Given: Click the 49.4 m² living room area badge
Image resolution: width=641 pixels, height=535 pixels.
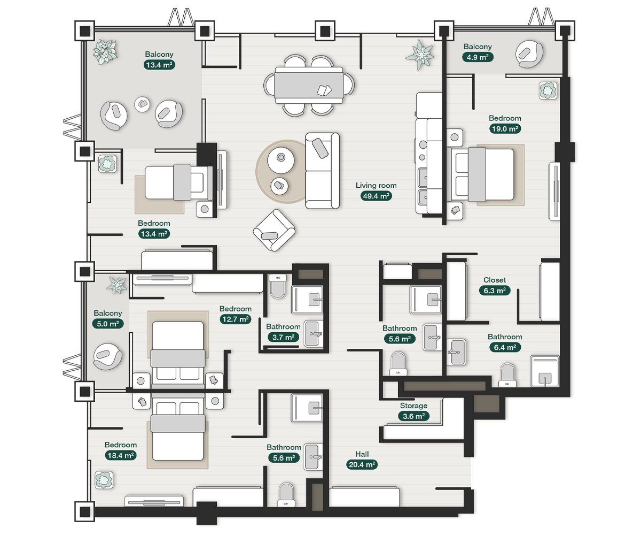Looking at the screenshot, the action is [x=376, y=196].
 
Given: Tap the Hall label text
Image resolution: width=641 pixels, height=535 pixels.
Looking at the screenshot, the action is [x=362, y=454].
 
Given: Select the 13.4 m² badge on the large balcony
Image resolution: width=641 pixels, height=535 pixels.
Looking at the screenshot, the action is [x=159, y=65].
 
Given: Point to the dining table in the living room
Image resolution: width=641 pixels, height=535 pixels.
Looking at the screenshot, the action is [x=309, y=85].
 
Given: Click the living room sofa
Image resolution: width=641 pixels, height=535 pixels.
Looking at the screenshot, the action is [x=322, y=171].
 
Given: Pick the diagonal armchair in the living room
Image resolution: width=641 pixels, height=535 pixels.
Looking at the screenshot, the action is [x=274, y=230].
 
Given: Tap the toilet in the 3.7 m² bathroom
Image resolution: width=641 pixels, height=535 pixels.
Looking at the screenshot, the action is [x=278, y=286].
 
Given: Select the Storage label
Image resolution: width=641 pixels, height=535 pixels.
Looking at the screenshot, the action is [x=413, y=406].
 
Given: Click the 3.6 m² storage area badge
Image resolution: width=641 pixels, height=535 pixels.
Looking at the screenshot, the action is [x=413, y=416].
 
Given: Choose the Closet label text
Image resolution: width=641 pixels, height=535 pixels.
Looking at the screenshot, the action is [x=495, y=280].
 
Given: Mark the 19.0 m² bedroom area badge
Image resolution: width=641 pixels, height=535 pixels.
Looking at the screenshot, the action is [x=505, y=129].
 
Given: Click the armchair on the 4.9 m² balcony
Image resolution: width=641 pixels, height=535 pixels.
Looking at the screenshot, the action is [x=529, y=54].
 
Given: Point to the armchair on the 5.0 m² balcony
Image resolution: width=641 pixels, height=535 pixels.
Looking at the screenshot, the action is [x=107, y=356].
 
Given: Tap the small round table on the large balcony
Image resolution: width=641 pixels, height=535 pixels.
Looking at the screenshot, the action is [x=142, y=104].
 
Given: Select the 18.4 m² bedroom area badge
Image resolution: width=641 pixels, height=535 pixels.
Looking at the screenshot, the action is [x=121, y=455].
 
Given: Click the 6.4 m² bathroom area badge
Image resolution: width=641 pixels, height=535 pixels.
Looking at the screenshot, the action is [x=505, y=347].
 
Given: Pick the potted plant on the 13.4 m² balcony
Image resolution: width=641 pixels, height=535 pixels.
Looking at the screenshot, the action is [x=105, y=52].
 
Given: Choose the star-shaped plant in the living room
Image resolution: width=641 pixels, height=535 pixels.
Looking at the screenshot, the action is [x=419, y=55].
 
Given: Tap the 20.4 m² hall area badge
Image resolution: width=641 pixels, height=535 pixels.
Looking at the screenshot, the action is [x=362, y=464].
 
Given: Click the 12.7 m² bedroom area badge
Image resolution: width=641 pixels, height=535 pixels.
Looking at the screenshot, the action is [x=236, y=319].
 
